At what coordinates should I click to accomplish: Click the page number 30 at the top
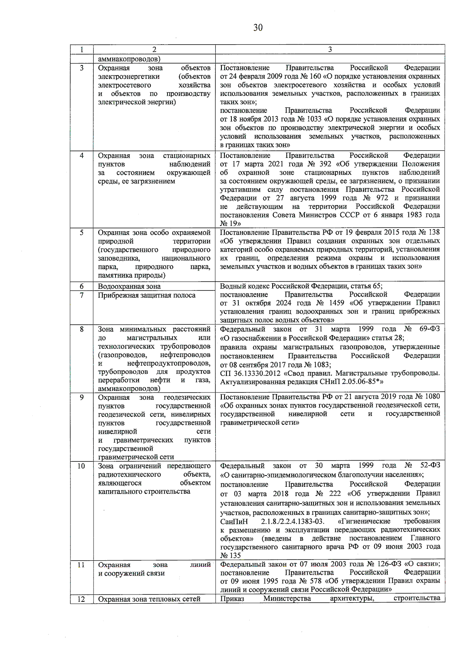[x=258, y=28]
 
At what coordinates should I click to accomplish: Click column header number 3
[x=330, y=49]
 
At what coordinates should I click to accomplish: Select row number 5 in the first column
[x=82, y=232]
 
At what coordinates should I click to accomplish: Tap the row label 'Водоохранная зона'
[x=129, y=286]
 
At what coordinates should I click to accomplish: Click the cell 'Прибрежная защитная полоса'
[x=147, y=295]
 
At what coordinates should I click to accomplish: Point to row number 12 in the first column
[x=81, y=599]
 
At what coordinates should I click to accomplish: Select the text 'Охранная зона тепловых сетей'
[x=149, y=599]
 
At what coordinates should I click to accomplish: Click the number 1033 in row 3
[x=315, y=119]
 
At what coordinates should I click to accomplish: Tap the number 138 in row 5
[x=434, y=232]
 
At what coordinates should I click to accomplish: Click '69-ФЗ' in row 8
[x=429, y=329]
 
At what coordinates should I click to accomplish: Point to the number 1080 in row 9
[x=432, y=396]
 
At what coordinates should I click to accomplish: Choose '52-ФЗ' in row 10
[x=430, y=465]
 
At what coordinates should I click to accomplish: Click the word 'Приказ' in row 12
[x=232, y=598]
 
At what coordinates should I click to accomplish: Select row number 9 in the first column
[x=82, y=397]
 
